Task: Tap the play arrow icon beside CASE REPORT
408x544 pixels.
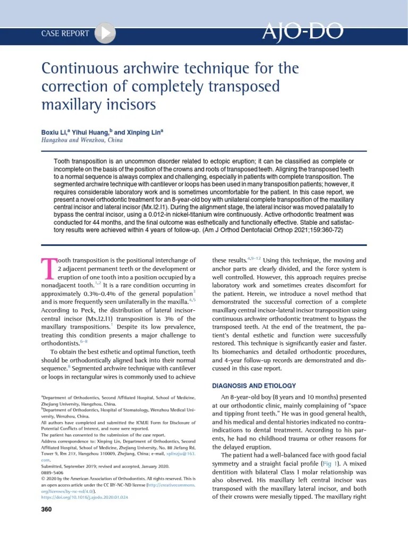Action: [x=106, y=33]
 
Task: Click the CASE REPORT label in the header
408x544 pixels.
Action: [x=65, y=33]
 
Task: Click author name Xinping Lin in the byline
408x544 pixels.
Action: [x=143, y=132]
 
